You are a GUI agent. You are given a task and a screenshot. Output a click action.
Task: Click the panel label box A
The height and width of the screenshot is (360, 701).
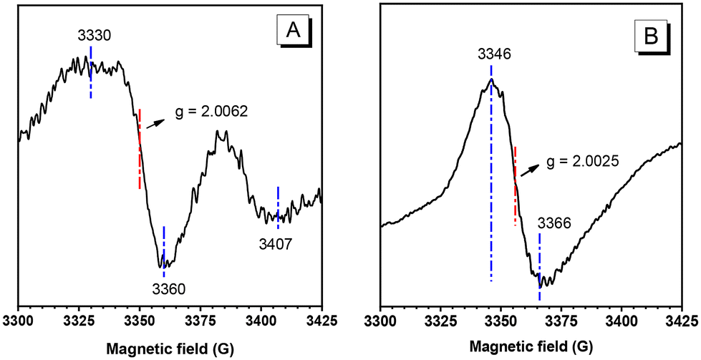pos(292,30)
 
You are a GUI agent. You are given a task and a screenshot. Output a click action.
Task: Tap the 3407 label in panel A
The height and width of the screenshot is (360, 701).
pos(276,245)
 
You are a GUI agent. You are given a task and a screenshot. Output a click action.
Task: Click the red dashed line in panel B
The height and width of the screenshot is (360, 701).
pos(516,186)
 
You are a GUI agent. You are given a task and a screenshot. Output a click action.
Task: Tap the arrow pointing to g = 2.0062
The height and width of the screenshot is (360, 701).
pos(154,122)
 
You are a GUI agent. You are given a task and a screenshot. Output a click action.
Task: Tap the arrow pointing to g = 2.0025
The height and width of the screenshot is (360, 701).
pos(530,170)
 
